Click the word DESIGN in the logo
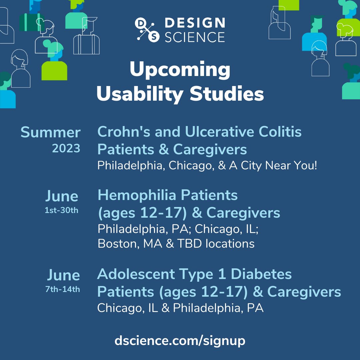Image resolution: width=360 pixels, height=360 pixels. pos(195,23)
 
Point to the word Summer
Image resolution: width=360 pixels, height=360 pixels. pos(50,132)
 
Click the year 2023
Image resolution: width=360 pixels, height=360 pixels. pos(66,148)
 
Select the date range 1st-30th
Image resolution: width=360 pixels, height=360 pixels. pos(61,211)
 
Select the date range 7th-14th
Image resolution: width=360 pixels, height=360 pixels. pos(63,289)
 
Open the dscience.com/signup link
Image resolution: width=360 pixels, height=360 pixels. pos(180,341)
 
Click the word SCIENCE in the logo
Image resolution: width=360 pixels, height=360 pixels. pos(195,37)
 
